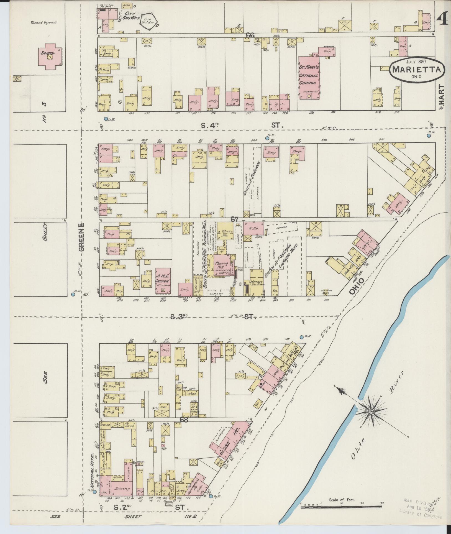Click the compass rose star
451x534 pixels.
click(371, 412)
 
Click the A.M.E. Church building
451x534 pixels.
click(163, 281)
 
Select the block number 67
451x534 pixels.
click(235, 219)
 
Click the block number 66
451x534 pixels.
click(250, 35)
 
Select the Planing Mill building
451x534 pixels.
click(222, 265)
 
